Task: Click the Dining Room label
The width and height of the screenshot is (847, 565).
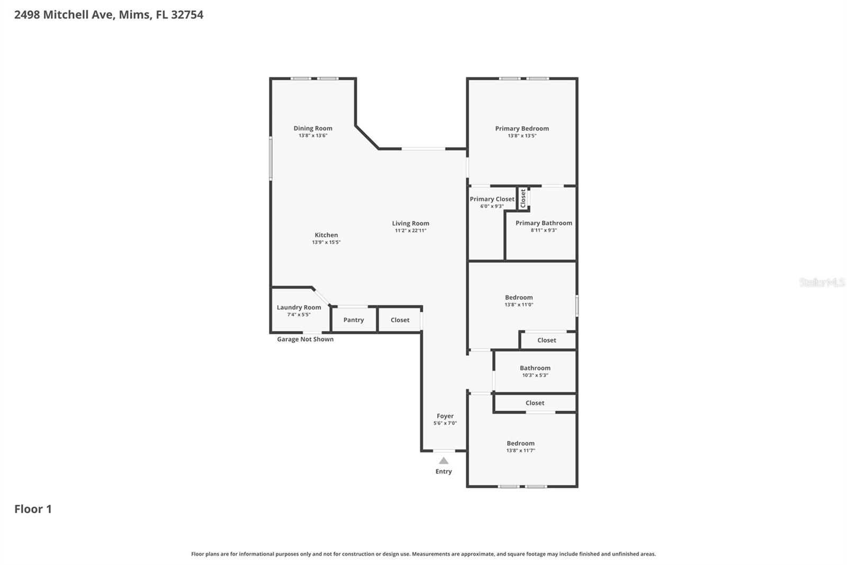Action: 313,128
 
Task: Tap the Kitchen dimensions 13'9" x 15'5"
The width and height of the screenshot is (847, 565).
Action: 326,242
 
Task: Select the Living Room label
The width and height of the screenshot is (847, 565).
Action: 410,223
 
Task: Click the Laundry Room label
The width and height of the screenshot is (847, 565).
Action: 299,307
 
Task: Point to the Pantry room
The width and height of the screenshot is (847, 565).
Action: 354,320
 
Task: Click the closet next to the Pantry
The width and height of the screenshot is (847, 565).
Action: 400,320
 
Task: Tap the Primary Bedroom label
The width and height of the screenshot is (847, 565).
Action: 521,128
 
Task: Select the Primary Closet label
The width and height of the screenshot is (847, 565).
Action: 492,199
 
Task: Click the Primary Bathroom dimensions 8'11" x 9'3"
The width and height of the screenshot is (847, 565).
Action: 544,230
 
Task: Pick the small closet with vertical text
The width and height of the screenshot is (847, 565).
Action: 523,198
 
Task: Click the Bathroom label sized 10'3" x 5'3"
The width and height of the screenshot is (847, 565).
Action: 535,368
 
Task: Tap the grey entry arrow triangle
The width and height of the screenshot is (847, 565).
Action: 444,461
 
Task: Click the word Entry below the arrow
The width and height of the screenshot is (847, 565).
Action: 444,472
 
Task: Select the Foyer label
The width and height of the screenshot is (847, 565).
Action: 445,416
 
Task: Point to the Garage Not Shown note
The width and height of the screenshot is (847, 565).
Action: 305,339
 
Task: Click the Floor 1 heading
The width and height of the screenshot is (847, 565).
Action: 33,509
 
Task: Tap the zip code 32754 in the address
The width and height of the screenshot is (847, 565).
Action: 187,15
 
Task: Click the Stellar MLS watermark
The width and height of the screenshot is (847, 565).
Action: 822,282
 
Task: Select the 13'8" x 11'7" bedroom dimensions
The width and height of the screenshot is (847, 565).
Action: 520,451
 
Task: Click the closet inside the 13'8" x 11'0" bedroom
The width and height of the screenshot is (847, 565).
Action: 546,340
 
